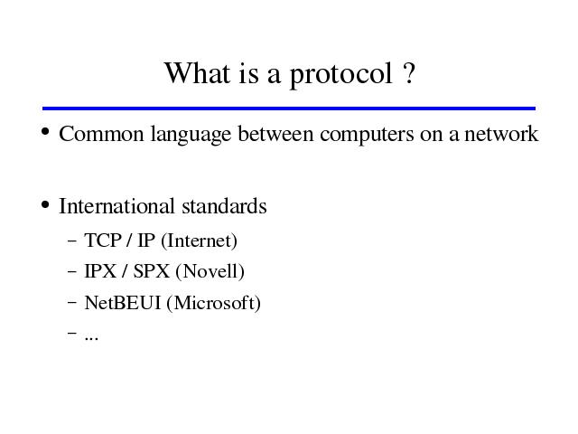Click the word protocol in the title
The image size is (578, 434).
(x=341, y=75)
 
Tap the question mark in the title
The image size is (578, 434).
(x=409, y=72)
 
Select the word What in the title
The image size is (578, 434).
(x=197, y=72)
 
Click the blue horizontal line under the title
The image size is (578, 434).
(x=289, y=108)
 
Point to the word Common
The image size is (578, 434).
(x=101, y=134)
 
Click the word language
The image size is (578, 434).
(x=191, y=135)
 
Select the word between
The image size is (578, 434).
(x=275, y=133)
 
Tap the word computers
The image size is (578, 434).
(x=368, y=135)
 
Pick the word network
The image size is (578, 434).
(x=501, y=133)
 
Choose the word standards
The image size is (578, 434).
(x=224, y=206)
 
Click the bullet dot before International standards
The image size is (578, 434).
(x=45, y=204)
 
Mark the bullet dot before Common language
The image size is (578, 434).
(x=45, y=131)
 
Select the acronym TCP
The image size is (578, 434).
(x=103, y=241)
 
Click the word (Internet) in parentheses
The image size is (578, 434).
(x=199, y=241)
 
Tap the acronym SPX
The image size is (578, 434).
(x=152, y=271)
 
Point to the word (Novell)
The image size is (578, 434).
(x=210, y=272)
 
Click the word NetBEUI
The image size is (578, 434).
(x=123, y=303)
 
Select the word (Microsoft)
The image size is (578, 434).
(x=214, y=304)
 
